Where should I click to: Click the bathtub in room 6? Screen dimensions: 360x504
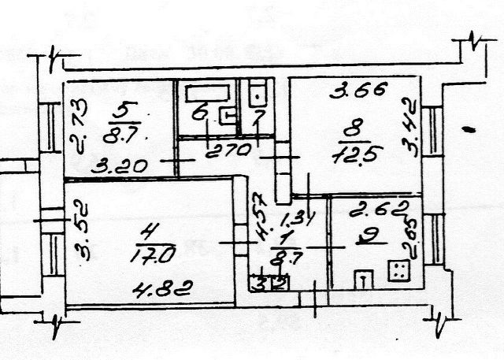tap(206, 94)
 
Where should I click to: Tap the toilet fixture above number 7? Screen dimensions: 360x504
tap(257, 97)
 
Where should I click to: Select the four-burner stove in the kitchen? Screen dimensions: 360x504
tap(398, 271)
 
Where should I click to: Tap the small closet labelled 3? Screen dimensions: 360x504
tap(258, 280)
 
